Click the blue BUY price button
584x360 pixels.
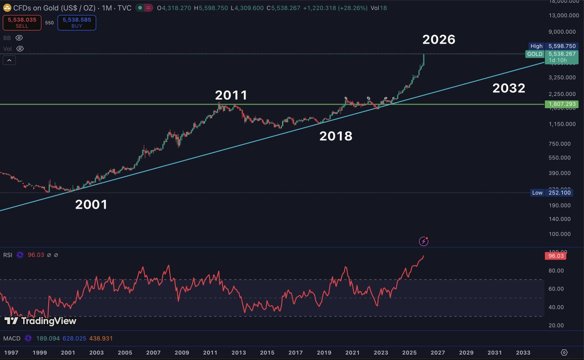pyautogui.click(x=76, y=23)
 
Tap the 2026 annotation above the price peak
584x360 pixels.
pyautogui.click(x=438, y=39)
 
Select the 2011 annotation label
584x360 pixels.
pyautogui.click(x=231, y=95)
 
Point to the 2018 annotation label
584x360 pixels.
pyautogui.click(x=335, y=136)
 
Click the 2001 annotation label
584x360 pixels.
pyautogui.click(x=91, y=205)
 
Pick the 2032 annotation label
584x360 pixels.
pyautogui.click(x=509, y=89)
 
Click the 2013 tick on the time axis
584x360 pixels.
pyautogui.click(x=238, y=352)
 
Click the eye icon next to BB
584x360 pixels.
pyautogui.click(x=19, y=37)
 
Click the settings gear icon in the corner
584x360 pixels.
pyautogui.click(x=564, y=352)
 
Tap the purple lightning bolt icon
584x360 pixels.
pyautogui.click(x=424, y=241)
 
